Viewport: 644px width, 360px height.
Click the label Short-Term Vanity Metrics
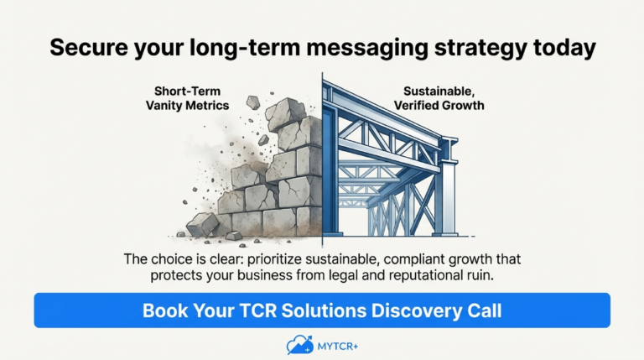click(187, 98)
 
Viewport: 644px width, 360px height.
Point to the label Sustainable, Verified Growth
click(439, 98)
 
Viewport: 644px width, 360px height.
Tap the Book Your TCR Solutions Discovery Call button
click(322, 310)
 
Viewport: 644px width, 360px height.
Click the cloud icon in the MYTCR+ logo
click(299, 345)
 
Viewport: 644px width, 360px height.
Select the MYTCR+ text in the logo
click(338, 347)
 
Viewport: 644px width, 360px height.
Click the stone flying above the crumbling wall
click(253, 102)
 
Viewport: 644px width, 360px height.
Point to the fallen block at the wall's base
click(203, 224)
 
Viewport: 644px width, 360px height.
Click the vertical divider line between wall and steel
click(322, 160)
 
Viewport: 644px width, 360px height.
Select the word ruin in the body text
click(480, 275)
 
